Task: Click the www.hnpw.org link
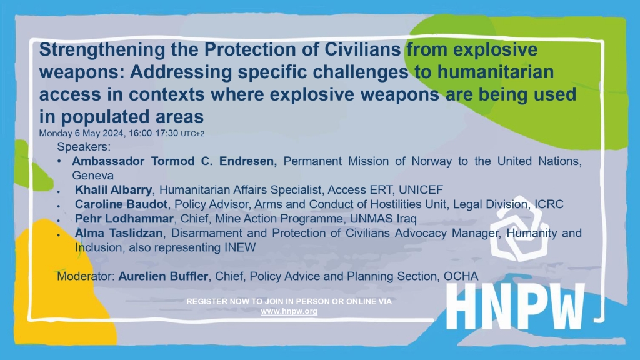coord(289,311)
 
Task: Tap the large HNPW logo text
coord(516,307)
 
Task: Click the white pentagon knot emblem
coord(519,229)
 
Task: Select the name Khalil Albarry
coord(113,190)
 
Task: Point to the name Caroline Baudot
coord(121,204)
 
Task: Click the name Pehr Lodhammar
coord(124,219)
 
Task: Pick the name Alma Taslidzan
coord(119,233)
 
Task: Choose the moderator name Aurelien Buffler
coord(163,276)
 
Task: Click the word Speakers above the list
coord(84,146)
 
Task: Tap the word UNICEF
coord(421,190)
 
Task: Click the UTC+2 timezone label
coord(192,134)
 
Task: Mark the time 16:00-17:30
coord(154,134)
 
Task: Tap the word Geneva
coord(93,176)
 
